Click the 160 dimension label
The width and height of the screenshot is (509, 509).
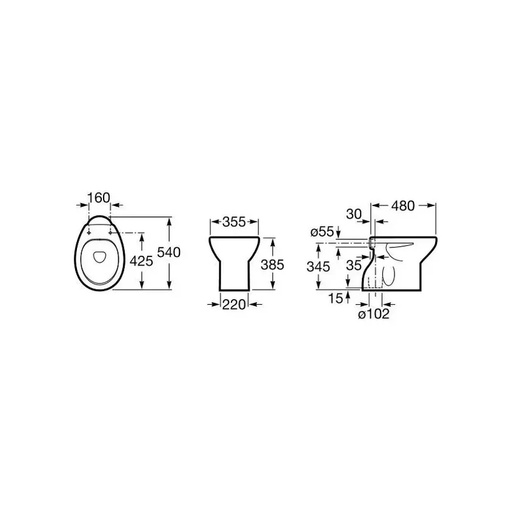99,197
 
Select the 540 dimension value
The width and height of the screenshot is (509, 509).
169,252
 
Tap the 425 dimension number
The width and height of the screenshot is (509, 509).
141,261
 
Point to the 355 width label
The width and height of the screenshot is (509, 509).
234,221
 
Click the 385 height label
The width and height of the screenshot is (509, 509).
272,265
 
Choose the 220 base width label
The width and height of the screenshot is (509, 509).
234,305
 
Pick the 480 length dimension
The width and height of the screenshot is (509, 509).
403,206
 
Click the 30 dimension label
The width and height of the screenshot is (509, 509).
354,214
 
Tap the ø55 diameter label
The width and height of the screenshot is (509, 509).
322,232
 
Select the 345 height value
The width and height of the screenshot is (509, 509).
319,267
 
